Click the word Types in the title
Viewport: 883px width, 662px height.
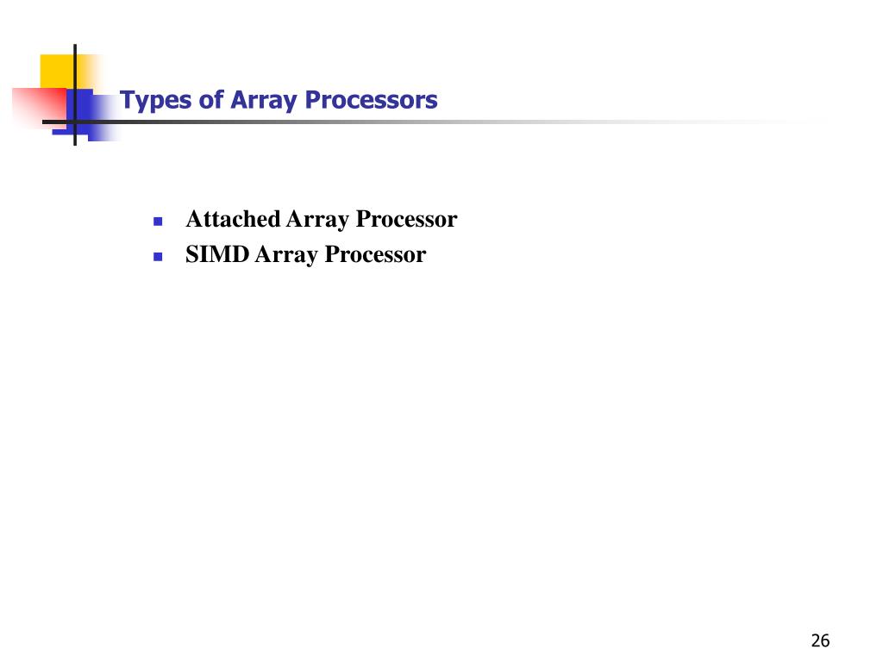pos(146,102)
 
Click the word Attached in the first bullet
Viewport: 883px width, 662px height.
pos(234,220)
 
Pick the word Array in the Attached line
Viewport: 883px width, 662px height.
pos(317,221)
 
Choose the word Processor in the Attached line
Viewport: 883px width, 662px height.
pos(406,220)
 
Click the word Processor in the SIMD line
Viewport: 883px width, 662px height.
pos(375,255)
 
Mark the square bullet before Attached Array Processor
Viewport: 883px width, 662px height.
pos(158,222)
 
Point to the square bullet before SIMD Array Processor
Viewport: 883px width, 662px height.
pos(158,257)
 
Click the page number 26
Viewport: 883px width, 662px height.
pos(820,640)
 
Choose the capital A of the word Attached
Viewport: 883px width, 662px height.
pos(194,220)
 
